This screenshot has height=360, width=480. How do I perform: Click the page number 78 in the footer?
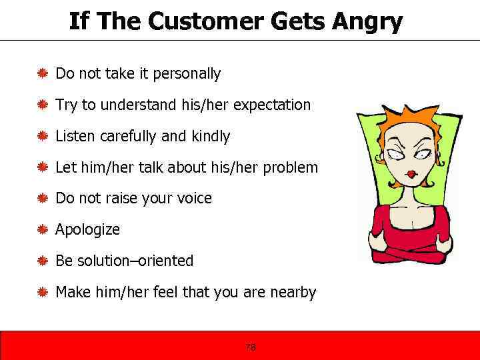pyautogui.click(x=251, y=347)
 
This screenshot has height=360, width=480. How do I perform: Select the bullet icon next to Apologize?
pyautogui.click(x=42, y=229)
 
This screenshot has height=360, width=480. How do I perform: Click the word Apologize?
pyautogui.click(x=88, y=230)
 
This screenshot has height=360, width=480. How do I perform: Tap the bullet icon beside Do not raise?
pyautogui.click(x=42, y=198)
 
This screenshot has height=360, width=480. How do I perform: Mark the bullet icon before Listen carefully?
pyautogui.click(x=42, y=136)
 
